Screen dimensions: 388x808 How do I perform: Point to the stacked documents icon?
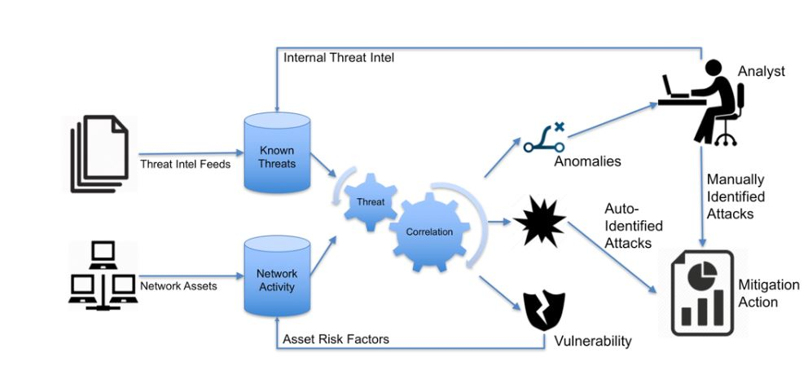[x=100, y=155]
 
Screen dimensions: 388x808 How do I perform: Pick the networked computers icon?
[x=102, y=276]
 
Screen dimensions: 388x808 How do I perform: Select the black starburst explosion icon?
[x=538, y=220]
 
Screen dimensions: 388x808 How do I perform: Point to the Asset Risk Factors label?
[x=335, y=338]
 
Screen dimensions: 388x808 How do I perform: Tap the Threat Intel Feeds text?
[x=186, y=164]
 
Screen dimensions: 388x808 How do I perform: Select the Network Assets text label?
[x=178, y=286]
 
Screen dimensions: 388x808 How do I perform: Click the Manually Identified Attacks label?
[x=736, y=196]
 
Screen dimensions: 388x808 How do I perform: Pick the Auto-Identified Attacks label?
[x=633, y=225]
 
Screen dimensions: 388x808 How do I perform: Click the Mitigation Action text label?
[x=768, y=293]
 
